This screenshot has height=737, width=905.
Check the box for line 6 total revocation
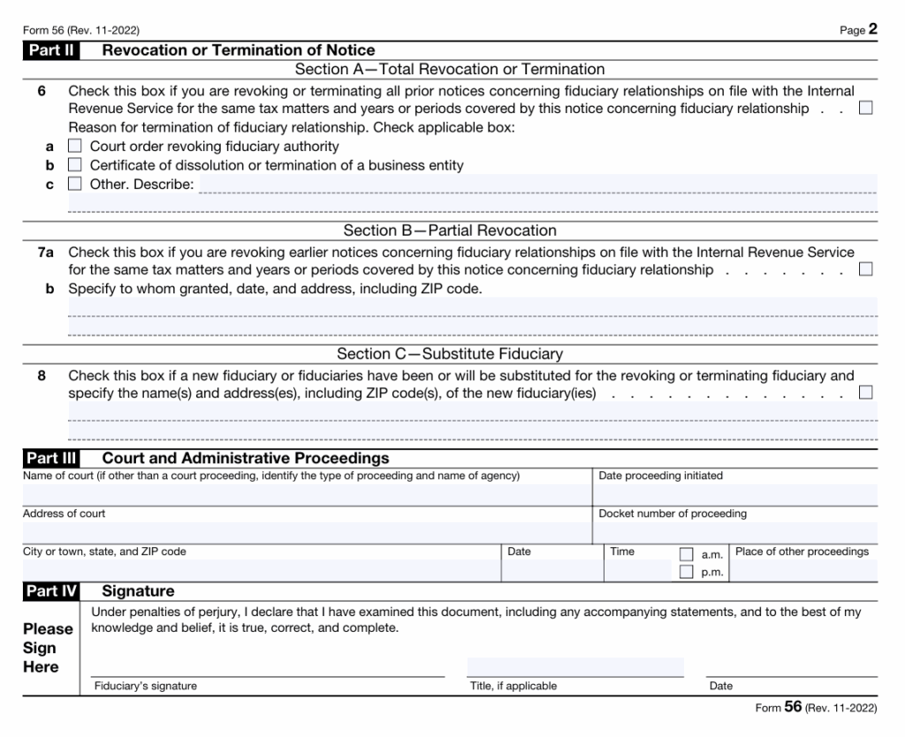865,108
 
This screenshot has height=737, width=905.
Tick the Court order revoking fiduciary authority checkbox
75,146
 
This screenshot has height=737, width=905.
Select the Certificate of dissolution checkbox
75,165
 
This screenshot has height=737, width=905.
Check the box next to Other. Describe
75,184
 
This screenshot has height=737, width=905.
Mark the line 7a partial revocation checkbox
865,269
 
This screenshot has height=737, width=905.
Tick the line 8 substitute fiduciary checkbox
865,391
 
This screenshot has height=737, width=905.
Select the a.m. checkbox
686,554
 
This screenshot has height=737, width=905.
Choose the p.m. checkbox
686,572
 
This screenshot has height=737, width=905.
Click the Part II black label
51,50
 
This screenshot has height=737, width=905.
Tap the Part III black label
51,458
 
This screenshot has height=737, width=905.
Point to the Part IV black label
51,591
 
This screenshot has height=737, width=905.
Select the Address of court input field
306,532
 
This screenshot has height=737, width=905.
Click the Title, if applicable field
574,667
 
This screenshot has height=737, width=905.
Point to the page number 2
872,28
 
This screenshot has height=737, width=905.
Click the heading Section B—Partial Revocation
450,231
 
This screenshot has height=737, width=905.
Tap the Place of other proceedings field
803,570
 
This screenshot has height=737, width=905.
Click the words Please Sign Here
48,648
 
